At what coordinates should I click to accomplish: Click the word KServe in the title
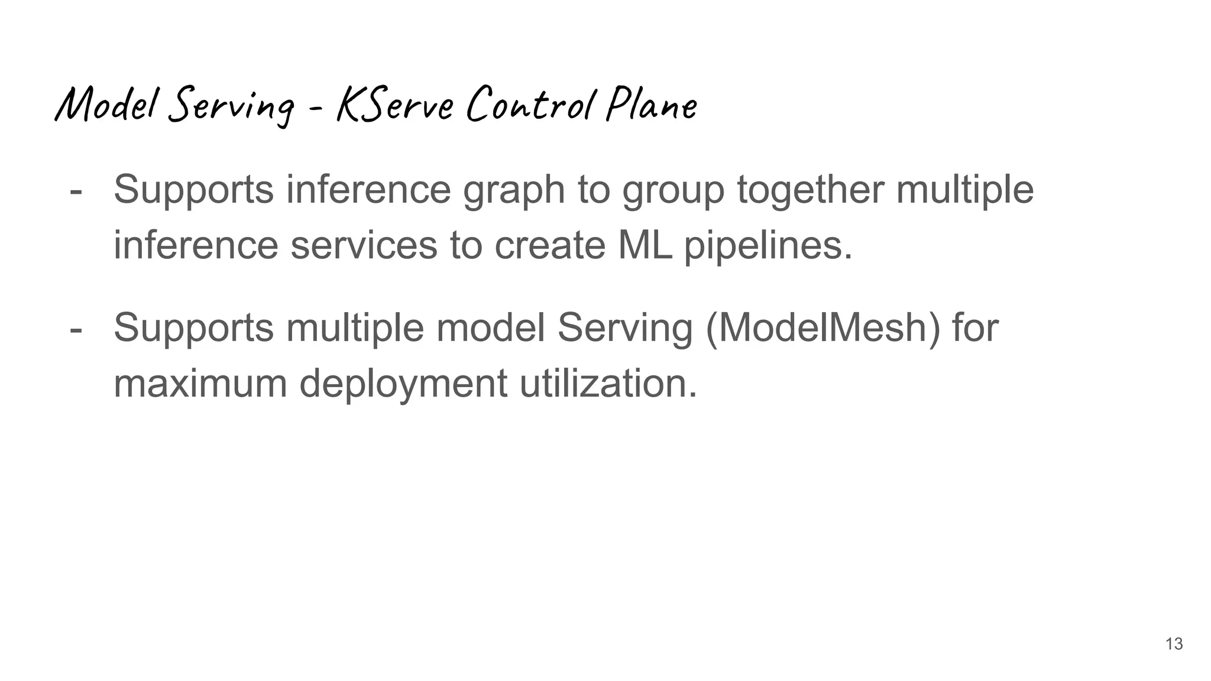[x=395, y=105]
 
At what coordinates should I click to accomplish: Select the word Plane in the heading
[x=652, y=105]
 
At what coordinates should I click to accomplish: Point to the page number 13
[x=1174, y=644]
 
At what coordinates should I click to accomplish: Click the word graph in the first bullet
[x=513, y=190]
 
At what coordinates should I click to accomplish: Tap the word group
[x=673, y=190]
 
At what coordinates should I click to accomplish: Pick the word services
[x=364, y=245]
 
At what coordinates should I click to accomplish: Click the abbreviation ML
[x=645, y=245]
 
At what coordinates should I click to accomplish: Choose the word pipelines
[x=768, y=246]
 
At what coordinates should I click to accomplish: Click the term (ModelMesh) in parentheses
[x=823, y=327]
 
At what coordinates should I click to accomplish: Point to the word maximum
[x=200, y=383]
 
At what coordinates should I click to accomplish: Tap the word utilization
[x=608, y=383]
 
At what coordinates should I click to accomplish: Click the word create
[x=550, y=245]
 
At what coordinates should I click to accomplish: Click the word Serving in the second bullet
[x=625, y=329]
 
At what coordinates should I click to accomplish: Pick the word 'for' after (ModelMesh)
[x=975, y=327]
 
